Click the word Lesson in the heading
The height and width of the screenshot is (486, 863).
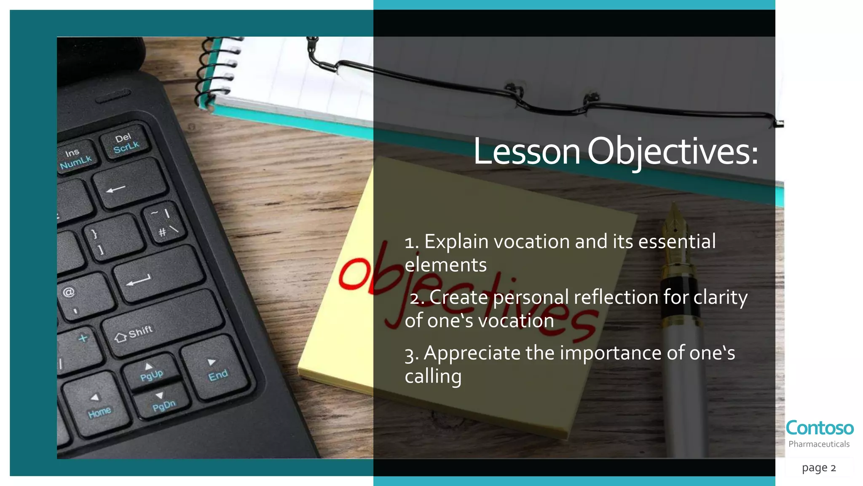pos(527,152)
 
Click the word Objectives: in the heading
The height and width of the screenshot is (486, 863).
pos(673,152)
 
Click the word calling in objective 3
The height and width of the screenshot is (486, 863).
pos(433,376)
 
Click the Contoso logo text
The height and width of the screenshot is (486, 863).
pos(820,428)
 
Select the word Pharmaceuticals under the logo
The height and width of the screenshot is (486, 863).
pos(819,444)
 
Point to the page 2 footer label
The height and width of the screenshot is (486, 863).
pos(819,468)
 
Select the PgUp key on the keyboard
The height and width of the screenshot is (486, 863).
pos(151,371)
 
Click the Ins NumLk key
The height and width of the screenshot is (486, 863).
pos(75,158)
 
